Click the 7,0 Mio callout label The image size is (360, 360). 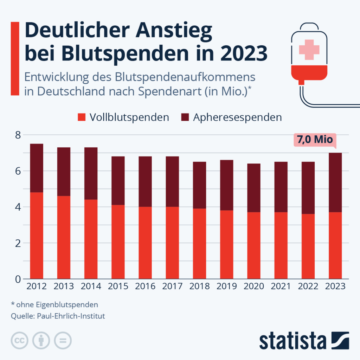(x=315, y=140)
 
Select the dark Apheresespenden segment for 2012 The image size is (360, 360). (x=37, y=168)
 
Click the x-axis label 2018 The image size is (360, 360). (x=200, y=286)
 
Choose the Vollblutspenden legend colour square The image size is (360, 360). (x=82, y=117)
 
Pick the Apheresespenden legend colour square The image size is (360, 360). (x=185, y=117)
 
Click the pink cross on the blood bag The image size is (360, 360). (x=309, y=49)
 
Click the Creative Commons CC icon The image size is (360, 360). (x=20, y=340)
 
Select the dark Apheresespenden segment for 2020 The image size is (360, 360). (x=254, y=188)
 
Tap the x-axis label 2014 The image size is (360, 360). (x=91, y=286)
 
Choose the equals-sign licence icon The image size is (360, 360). (x=63, y=340)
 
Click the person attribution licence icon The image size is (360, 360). (x=41, y=340)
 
